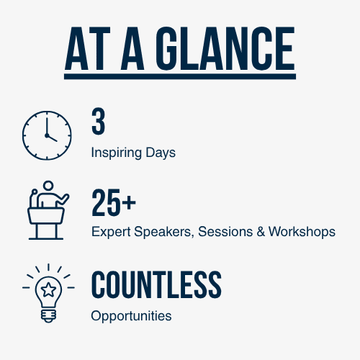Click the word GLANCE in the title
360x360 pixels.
(x=225, y=48)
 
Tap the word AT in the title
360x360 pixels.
(x=88, y=48)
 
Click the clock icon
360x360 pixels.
(x=47, y=135)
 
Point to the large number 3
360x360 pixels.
(x=98, y=122)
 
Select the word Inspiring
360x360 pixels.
(x=117, y=153)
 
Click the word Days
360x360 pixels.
(x=161, y=153)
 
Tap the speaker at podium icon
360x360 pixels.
(x=48, y=210)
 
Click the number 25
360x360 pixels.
(x=106, y=202)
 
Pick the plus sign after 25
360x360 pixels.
(x=129, y=202)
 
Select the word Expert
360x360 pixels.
(x=111, y=232)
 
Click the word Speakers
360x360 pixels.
(x=164, y=232)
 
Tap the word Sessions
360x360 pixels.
(x=225, y=232)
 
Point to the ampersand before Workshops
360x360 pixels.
(x=261, y=232)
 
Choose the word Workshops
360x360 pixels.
(x=302, y=232)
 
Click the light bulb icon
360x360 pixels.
(x=48, y=293)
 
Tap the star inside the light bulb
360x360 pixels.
(x=48, y=289)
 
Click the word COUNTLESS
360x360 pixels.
(x=156, y=284)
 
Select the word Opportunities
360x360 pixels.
(x=131, y=316)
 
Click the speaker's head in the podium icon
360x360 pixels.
(x=48, y=186)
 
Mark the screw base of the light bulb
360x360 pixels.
(x=48, y=316)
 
